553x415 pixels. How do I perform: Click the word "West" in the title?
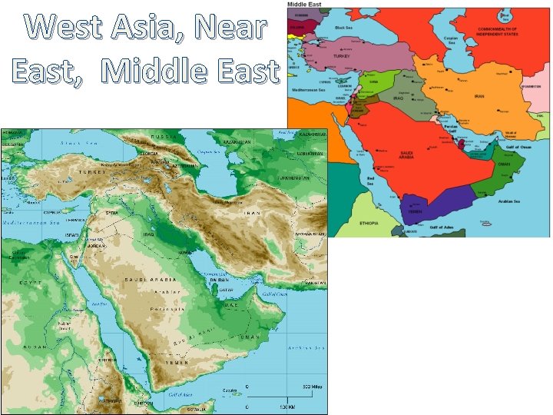(71, 28)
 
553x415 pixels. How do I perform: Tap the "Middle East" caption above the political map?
(306, 5)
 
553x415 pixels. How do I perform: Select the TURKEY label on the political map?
(340, 56)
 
